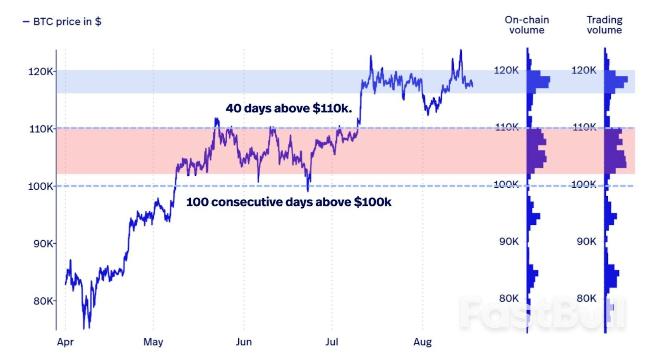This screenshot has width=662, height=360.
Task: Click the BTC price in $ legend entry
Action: (62, 22)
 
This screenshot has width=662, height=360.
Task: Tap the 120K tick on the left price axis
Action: (40, 72)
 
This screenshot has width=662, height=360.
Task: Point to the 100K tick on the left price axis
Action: (40, 186)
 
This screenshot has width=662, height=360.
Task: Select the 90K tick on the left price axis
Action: (43, 243)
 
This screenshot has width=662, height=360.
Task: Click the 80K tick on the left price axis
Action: (43, 301)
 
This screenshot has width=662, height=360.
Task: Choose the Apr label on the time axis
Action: (65, 342)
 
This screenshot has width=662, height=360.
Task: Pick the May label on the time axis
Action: (153, 342)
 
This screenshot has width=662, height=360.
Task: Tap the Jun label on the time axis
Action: (244, 342)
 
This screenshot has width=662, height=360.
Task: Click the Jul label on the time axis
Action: (331, 342)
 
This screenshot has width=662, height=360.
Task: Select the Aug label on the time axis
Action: (422, 342)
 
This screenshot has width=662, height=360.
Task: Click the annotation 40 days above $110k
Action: (288, 108)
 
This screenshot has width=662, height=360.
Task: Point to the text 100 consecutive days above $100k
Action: (288, 202)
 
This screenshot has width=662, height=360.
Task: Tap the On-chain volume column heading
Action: (526, 25)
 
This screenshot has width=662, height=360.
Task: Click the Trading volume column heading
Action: (604, 25)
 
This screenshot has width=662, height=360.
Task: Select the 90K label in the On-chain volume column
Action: (508, 241)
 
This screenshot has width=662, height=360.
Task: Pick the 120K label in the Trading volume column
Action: (583, 70)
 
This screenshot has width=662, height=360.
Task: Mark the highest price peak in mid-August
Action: (461, 50)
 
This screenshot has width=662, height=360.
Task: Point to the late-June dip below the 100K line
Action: (308, 190)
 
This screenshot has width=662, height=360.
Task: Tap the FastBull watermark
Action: (542, 313)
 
